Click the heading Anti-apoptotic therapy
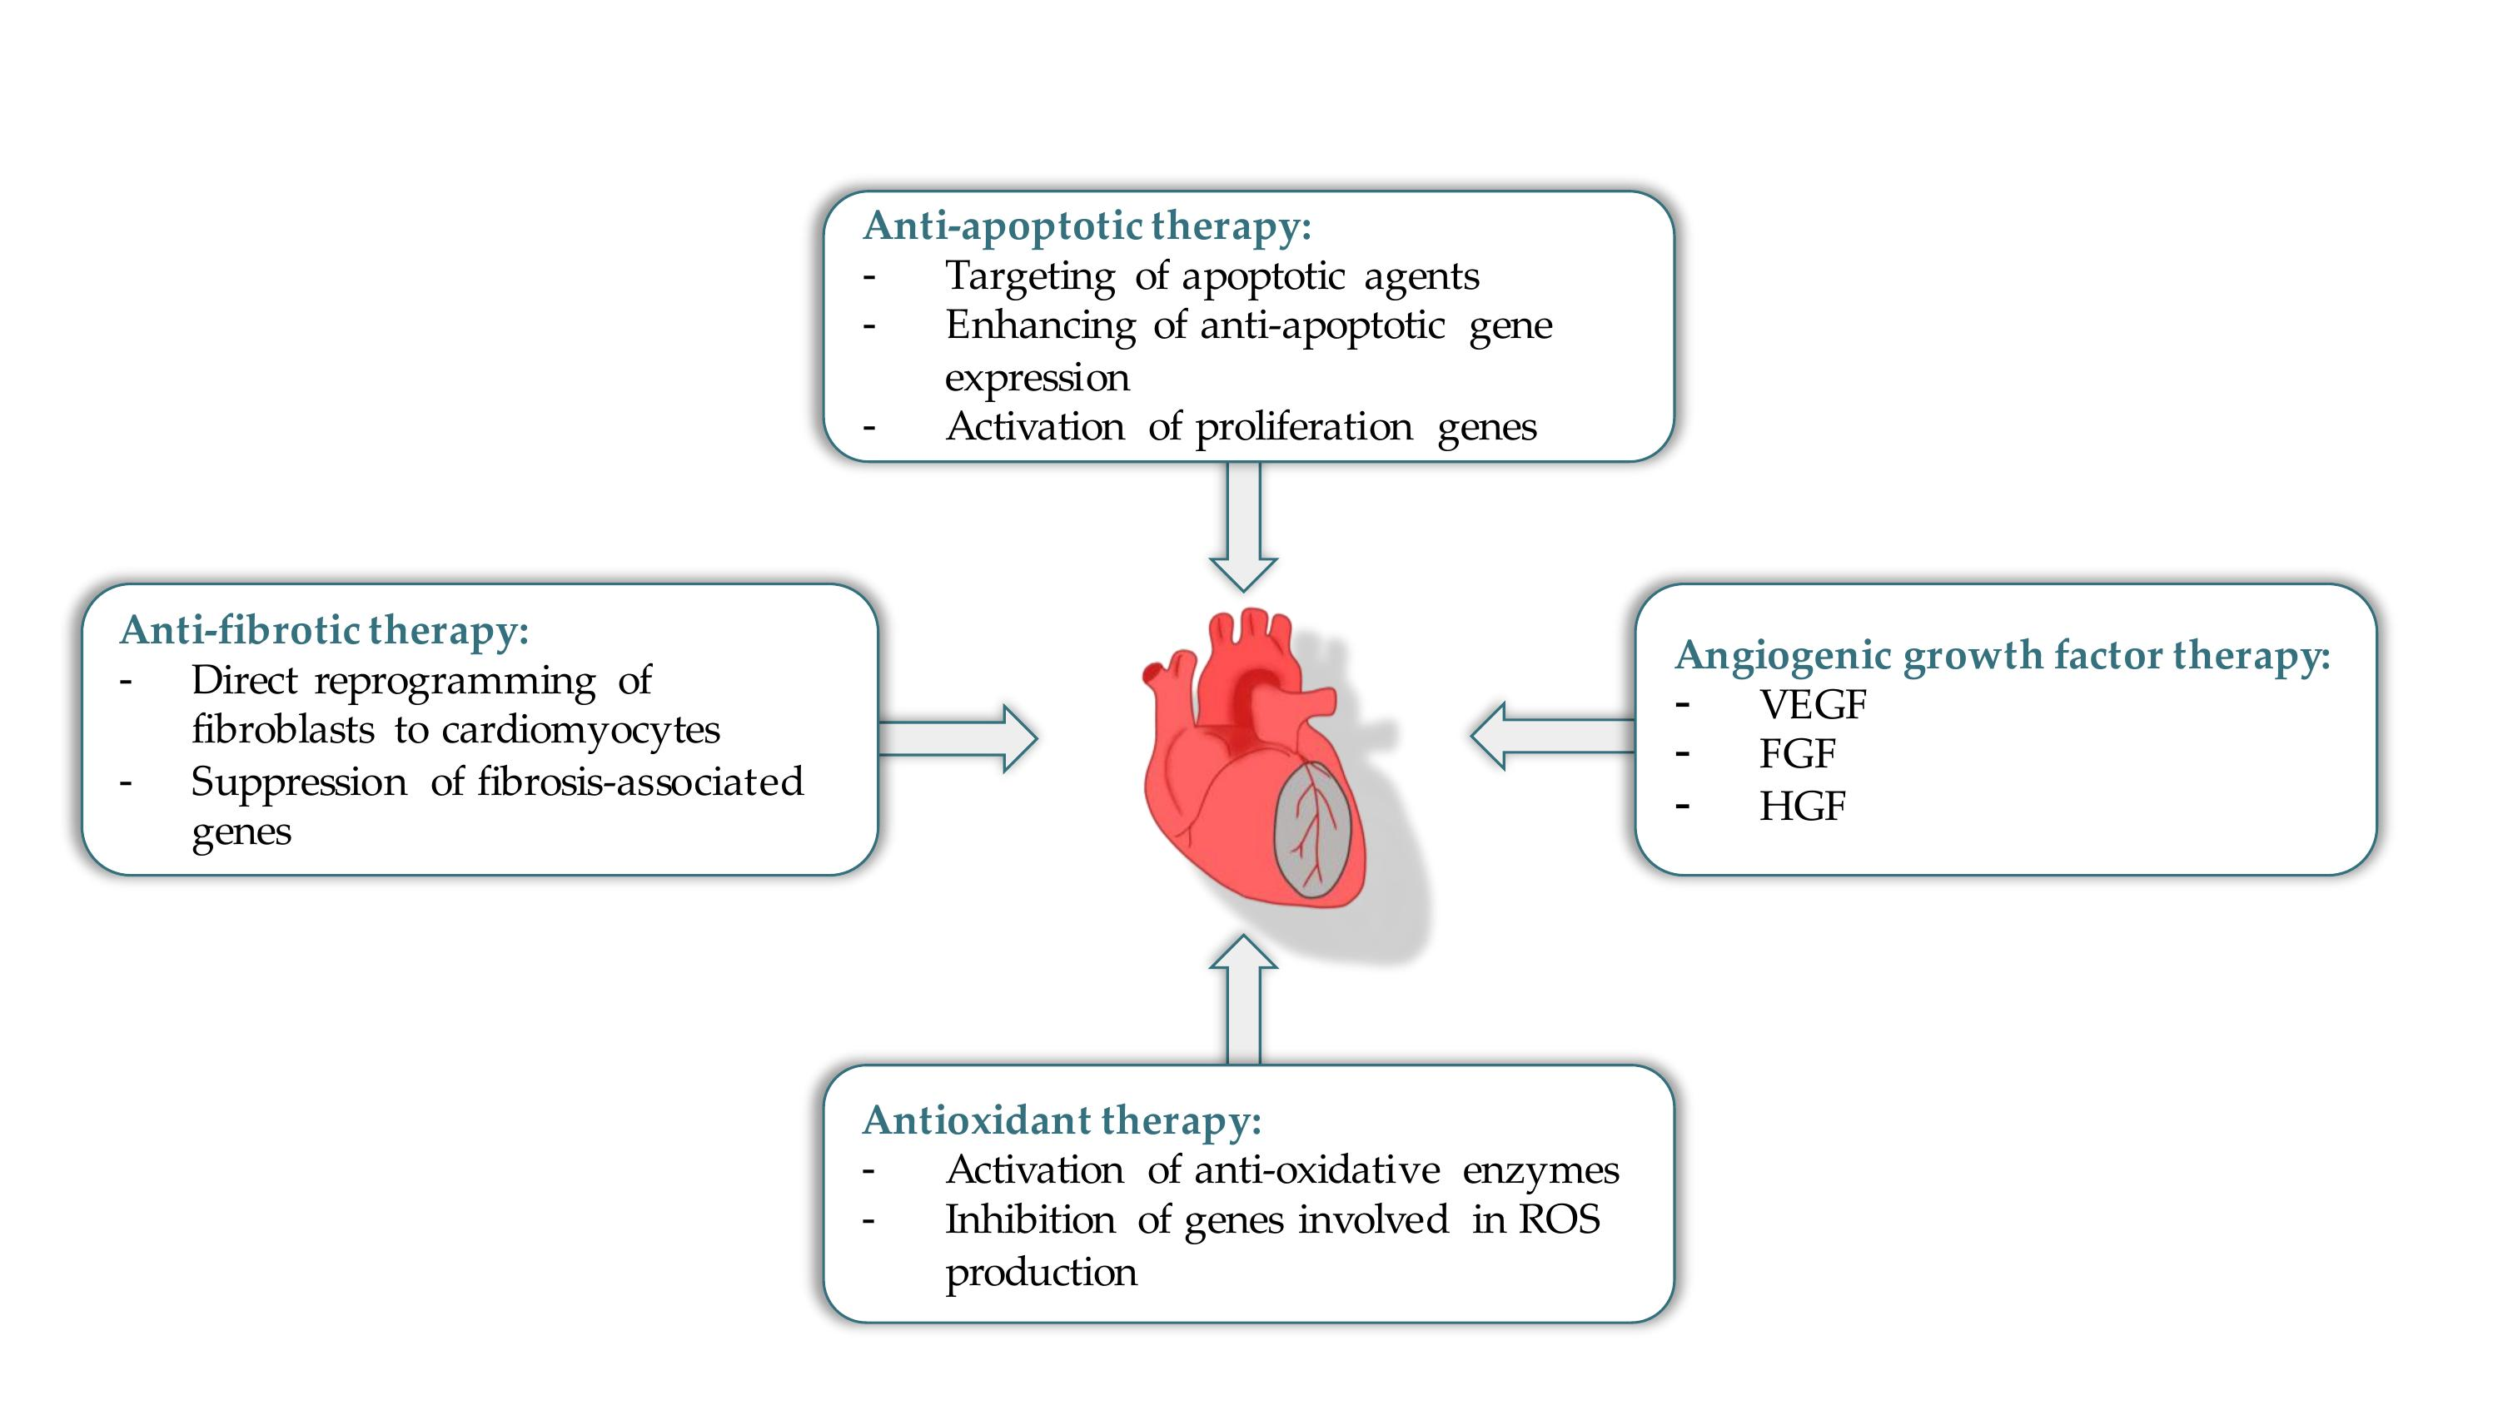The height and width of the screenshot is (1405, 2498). (1086, 226)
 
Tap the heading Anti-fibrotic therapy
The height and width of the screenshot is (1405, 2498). (324, 630)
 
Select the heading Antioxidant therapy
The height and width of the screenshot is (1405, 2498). (1061, 1120)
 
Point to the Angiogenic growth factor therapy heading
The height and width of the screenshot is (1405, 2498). (2002, 656)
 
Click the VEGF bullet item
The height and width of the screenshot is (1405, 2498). (1811, 705)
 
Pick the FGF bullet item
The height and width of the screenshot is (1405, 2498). (1797, 754)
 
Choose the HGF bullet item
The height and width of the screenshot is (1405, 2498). (1802, 806)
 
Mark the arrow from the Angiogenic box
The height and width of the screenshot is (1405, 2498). (1551, 736)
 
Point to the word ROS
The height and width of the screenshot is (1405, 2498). (1560, 1219)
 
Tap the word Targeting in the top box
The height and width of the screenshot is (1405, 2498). (1030, 276)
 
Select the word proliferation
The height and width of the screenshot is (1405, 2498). (1303, 428)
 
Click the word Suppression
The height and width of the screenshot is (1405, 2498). (299, 782)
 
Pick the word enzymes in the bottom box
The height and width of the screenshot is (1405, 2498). (1540, 1170)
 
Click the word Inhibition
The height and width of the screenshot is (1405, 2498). (1030, 1219)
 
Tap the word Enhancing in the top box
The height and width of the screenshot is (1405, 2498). (1039, 325)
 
